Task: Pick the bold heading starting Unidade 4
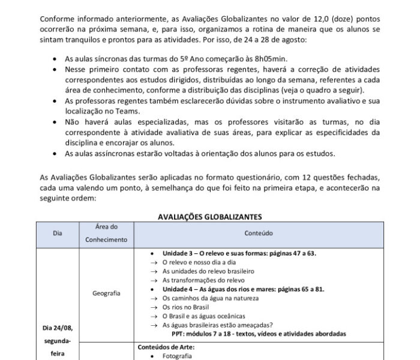pyautogui.click(x=243, y=289)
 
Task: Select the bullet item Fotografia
pyautogui.click(x=178, y=355)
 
